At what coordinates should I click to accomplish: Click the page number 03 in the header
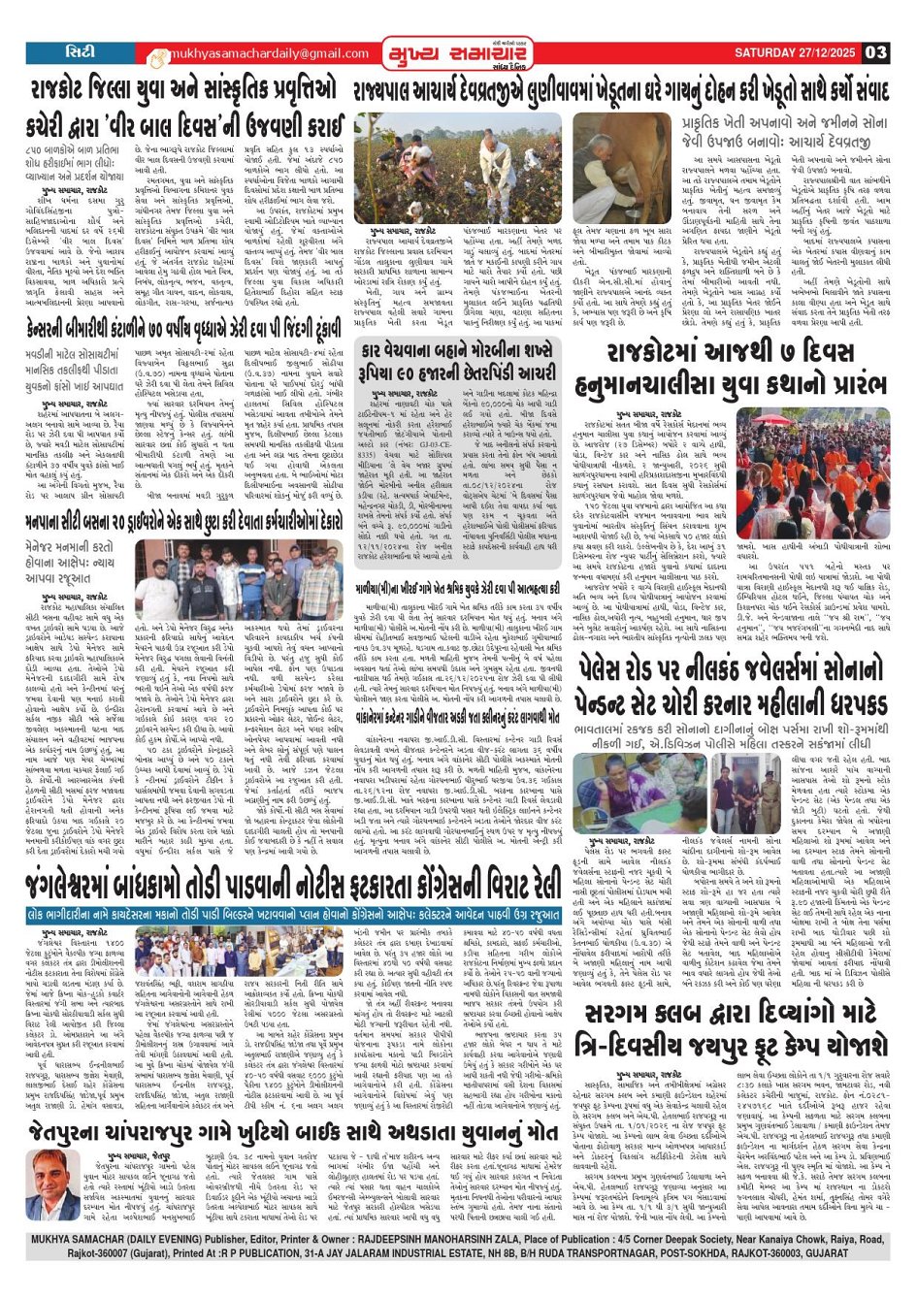coord(875,52)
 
